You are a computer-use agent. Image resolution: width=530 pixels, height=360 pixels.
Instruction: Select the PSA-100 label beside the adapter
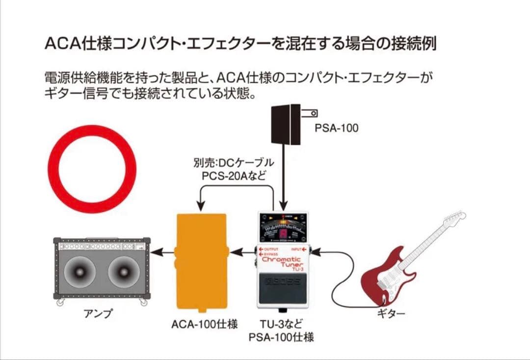pos(337,129)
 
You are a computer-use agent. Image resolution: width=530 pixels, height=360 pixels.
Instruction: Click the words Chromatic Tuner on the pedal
pos(282,262)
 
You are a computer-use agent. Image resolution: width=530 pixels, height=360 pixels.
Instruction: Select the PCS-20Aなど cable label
pos(234,176)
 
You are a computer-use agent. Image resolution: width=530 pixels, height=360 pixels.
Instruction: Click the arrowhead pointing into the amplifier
pos(155,253)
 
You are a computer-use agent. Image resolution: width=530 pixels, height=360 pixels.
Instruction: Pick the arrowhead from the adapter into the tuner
pos(283,206)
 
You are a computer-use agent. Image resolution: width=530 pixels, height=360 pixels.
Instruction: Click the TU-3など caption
pos(281,324)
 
